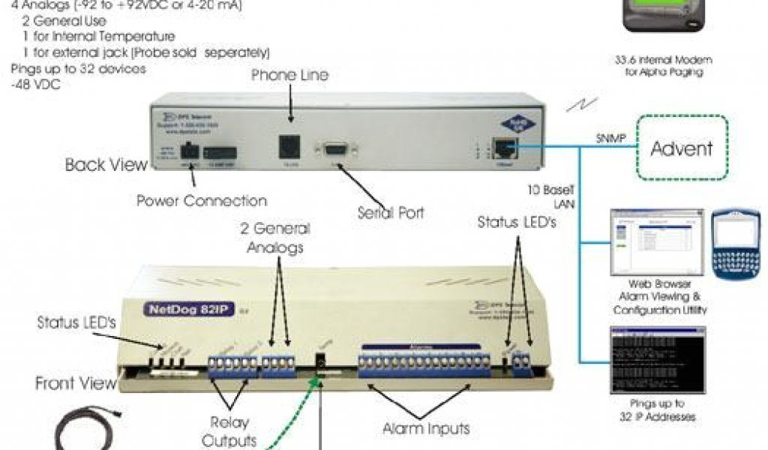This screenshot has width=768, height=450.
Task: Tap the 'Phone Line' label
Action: (289, 75)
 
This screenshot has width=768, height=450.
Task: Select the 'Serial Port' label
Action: (390, 212)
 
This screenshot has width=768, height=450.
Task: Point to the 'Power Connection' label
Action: (202, 201)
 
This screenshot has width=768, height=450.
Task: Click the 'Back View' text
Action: (106, 164)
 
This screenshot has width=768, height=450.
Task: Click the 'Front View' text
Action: (76, 383)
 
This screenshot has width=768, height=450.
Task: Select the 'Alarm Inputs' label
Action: (426, 428)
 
